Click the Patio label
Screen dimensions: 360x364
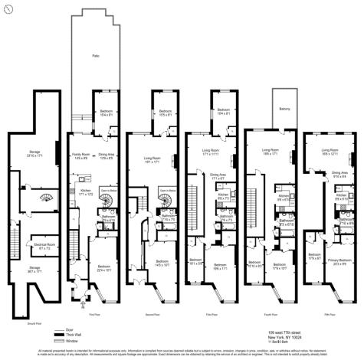point(96,56)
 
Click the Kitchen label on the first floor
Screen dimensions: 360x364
point(86,193)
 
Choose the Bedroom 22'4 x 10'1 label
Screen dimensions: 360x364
point(105,268)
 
